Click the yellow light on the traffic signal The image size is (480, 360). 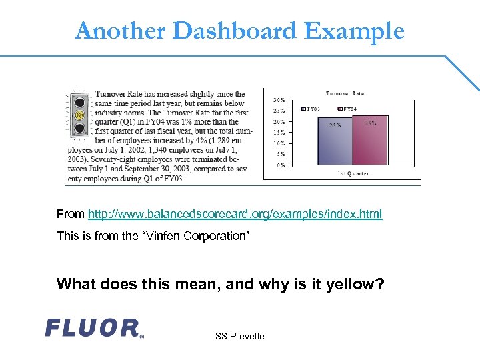81,115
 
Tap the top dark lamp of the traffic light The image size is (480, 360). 81,102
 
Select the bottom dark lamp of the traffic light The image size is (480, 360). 81,127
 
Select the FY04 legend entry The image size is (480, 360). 348,109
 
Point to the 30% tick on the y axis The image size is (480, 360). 280,100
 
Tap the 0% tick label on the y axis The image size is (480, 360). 281,165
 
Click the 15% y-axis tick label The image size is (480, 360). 280,133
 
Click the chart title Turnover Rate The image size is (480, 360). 345,93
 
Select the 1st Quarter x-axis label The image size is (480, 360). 352,174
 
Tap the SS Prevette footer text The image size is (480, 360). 239,336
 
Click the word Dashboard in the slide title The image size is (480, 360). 233,31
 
